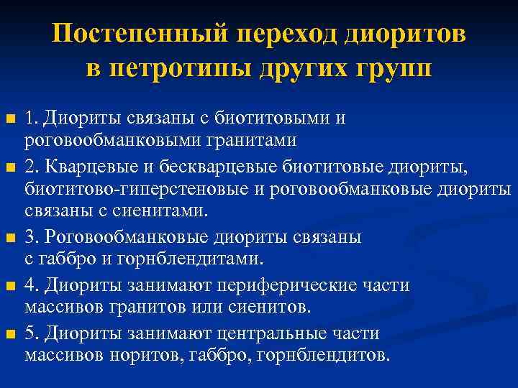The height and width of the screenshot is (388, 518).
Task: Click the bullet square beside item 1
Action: point(9,118)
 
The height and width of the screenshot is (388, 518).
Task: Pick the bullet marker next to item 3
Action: point(9,236)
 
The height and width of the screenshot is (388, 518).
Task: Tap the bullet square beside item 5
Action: point(9,333)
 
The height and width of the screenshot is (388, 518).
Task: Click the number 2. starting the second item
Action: point(32,167)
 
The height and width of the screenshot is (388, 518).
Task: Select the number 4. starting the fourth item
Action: point(32,286)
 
